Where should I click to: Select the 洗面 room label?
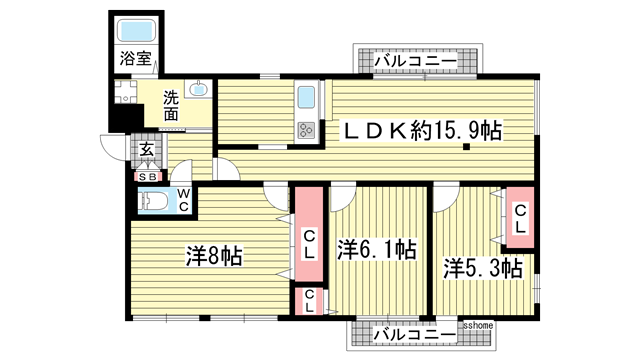point(172,106)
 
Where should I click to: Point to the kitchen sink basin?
point(306,99)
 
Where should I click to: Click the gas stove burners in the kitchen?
point(305,129)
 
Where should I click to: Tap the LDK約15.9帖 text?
point(424,129)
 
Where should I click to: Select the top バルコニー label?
point(415,62)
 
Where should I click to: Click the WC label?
point(184,200)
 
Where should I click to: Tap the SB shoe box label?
point(147,176)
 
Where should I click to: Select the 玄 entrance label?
point(146,151)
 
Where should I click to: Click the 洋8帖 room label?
point(214,255)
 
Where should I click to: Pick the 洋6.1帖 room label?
point(376,249)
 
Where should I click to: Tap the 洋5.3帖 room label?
point(483,268)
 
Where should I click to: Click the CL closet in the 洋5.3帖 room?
point(520,218)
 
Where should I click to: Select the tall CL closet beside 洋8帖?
point(309,244)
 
